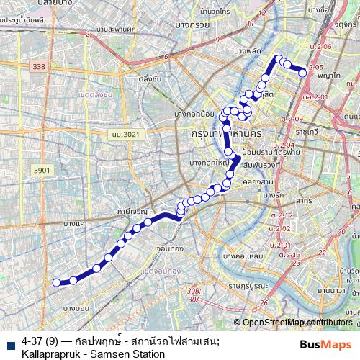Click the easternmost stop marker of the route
tap(303, 71)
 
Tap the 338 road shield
tap(38, 66)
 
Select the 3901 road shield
tap(42, 170)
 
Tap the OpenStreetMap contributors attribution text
tap(297, 322)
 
